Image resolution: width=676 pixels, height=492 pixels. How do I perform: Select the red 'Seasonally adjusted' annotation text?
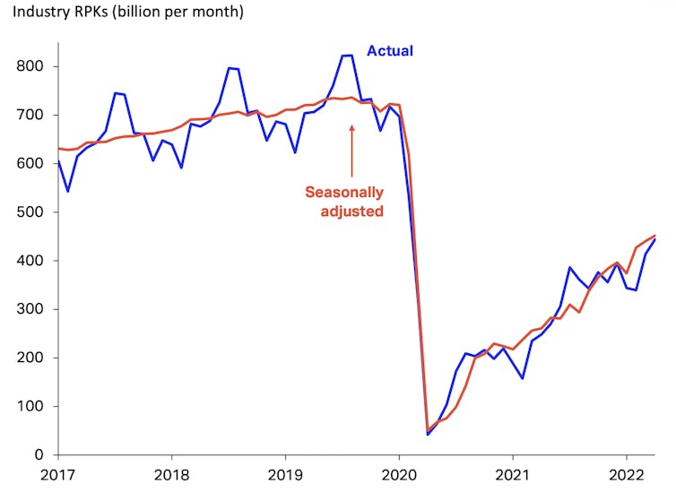click(x=344, y=202)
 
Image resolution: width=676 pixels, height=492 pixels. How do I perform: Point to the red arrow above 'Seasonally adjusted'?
click(x=351, y=151)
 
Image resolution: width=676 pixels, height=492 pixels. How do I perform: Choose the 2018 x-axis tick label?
click(x=171, y=476)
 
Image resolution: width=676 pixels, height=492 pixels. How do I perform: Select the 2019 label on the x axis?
click(x=285, y=476)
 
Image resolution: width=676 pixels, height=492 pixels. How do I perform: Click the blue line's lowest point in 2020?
click(x=428, y=435)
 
